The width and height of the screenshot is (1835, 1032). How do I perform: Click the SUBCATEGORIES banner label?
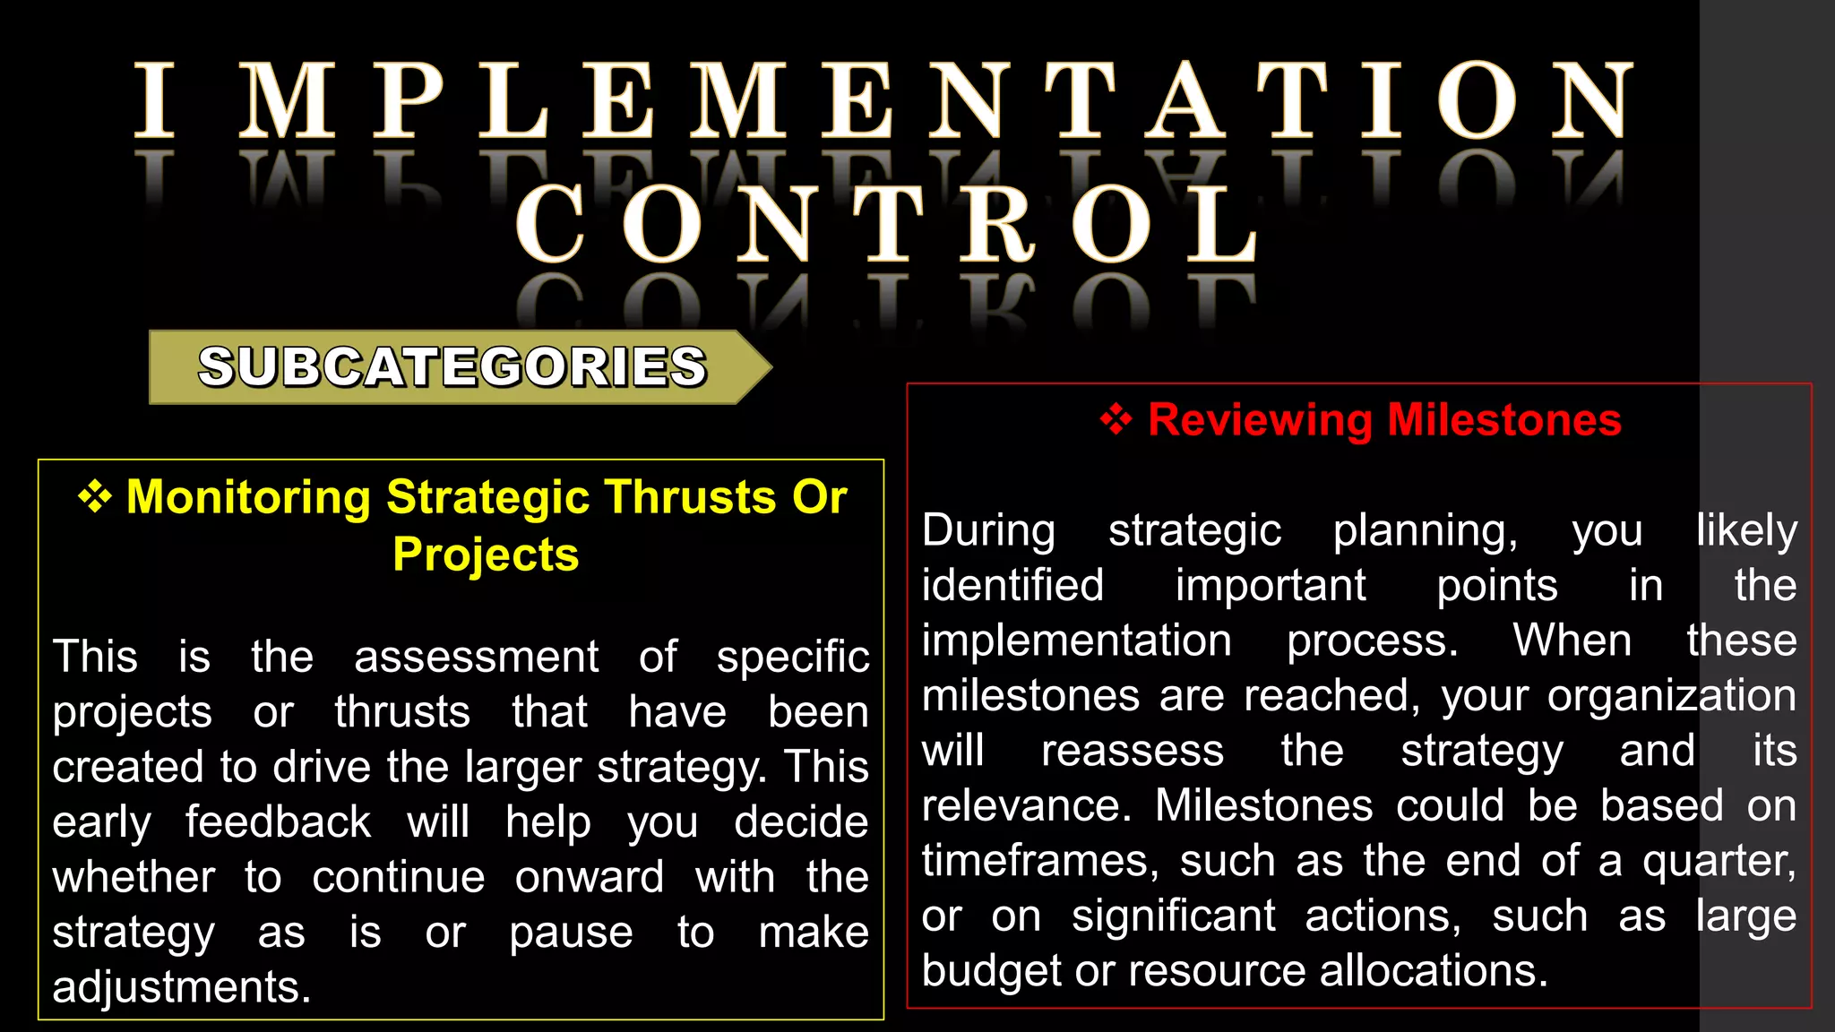[452, 367]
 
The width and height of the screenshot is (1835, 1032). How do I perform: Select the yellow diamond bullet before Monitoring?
[95, 496]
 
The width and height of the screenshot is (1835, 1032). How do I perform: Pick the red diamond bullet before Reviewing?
[1116, 419]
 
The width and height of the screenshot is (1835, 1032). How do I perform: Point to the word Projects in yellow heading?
[486, 554]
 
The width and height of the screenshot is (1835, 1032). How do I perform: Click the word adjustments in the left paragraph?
[181, 987]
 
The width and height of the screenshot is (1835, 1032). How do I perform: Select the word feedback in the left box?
[278, 822]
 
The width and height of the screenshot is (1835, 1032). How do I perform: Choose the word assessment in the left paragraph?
[476, 657]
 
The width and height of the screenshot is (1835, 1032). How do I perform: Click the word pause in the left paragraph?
[571, 933]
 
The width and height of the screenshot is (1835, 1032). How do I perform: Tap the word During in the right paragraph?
[988, 530]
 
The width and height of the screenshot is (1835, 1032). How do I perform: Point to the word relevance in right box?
[1027, 805]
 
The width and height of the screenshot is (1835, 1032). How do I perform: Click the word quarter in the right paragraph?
[1718, 861]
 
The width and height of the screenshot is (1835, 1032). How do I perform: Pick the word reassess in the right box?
[1132, 751]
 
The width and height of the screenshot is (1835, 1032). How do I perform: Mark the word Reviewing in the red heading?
[1259, 419]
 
